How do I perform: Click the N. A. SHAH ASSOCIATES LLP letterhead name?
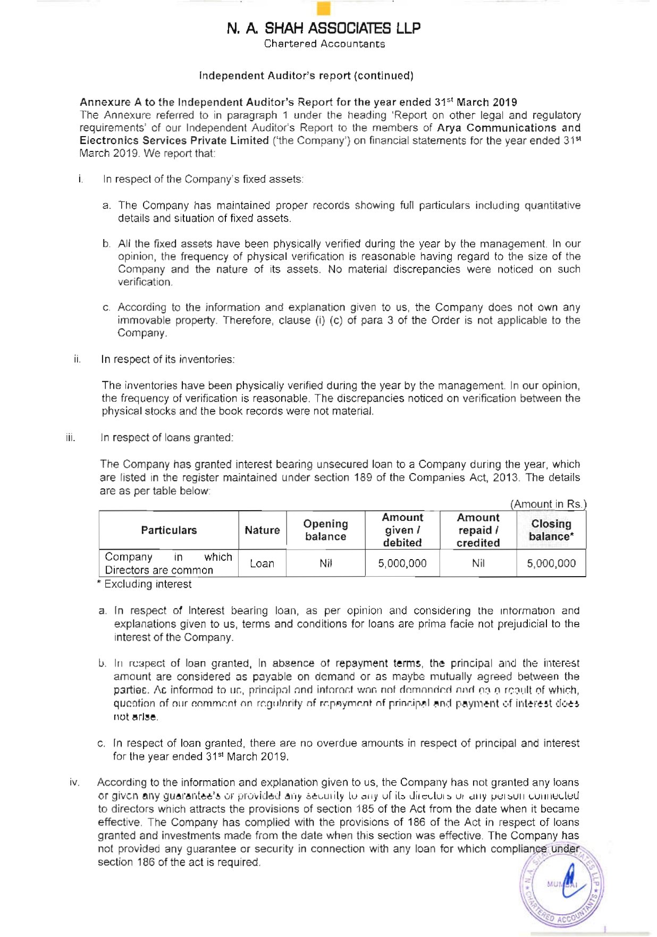point(323,28)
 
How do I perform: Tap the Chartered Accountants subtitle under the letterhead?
point(324,44)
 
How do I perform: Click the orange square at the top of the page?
point(323,9)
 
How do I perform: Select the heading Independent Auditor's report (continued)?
point(306,75)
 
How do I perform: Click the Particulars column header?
point(169,530)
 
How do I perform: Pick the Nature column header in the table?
point(262,530)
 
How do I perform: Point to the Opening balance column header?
point(325,530)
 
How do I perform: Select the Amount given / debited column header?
point(402,530)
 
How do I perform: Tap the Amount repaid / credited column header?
point(478,530)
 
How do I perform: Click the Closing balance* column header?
point(551,530)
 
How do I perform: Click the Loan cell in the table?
point(262,563)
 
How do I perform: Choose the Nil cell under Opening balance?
point(325,563)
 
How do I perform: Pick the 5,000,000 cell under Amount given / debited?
point(402,563)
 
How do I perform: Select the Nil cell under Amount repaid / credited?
point(478,563)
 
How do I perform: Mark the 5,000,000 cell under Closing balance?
point(551,563)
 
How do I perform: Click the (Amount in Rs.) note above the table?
point(548,504)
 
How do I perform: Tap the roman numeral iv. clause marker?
point(74,782)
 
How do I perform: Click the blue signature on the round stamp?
point(571,882)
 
